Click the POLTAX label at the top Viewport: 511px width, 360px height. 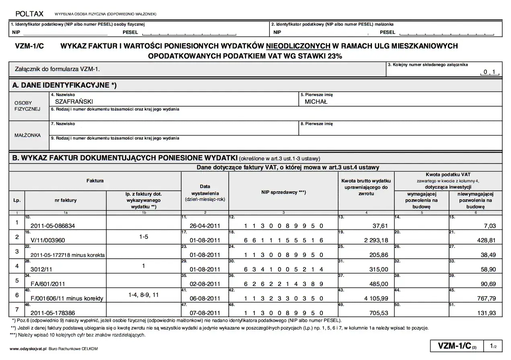point(29,14)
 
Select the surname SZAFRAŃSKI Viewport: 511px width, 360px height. point(74,102)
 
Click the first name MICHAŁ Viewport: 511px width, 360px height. point(316,102)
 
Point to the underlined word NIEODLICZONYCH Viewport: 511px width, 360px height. point(298,46)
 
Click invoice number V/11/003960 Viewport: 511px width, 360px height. point(47,240)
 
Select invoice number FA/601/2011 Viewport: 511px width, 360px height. point(47,284)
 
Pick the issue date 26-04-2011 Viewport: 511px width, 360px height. point(205,226)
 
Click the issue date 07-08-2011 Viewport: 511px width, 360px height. point(205,313)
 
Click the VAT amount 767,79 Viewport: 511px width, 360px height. point(485,299)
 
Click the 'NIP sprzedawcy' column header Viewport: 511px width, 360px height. point(284,192)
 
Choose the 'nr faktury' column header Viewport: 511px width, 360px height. point(66,200)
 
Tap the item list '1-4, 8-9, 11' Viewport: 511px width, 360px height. point(144,295)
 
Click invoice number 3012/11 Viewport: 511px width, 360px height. point(39,269)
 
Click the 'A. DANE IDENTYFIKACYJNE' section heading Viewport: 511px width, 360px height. point(64,85)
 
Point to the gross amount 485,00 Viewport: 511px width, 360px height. point(378,284)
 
